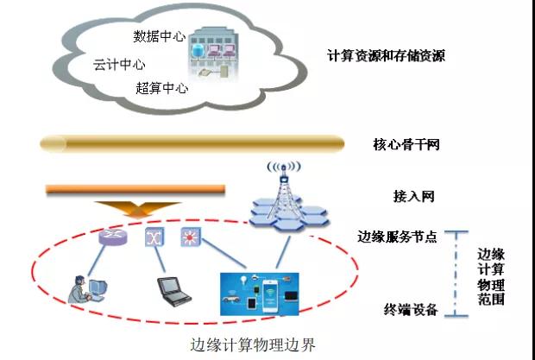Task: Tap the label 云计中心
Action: tap(119, 65)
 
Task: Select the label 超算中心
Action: tap(162, 88)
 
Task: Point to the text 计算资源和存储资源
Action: tap(386, 56)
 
